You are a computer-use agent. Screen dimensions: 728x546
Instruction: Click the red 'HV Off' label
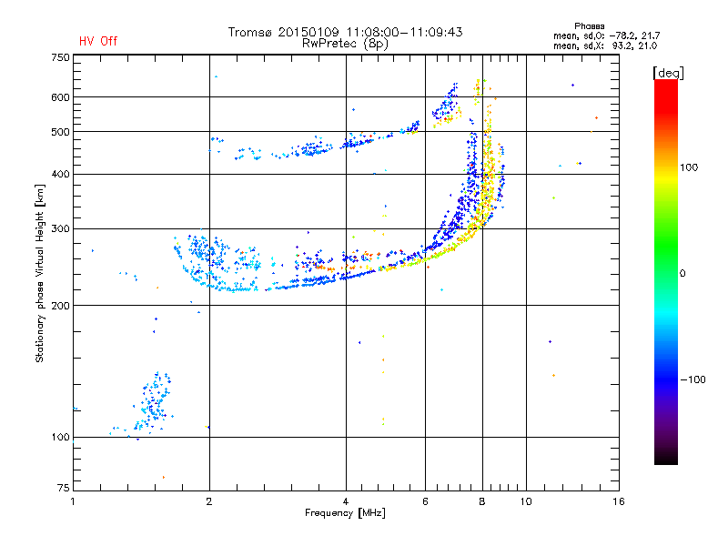98,41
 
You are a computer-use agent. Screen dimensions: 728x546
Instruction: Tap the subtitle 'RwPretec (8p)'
345,44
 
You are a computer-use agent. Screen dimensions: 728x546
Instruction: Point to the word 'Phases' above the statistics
589,26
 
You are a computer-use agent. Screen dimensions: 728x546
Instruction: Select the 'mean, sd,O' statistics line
606,35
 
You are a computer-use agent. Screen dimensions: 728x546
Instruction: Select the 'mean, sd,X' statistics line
605,46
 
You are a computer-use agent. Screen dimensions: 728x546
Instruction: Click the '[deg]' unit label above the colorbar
668,73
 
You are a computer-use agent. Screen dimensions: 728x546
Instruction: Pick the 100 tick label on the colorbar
689,167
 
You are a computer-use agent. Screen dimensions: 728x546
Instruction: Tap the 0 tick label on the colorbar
682,274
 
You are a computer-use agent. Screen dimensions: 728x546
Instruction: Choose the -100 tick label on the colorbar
693,379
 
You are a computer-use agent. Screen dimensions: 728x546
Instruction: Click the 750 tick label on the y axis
60,57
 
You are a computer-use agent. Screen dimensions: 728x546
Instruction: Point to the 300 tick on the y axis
60,229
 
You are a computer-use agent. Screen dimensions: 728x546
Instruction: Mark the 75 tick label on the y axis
64,488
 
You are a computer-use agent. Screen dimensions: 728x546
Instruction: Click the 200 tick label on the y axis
60,306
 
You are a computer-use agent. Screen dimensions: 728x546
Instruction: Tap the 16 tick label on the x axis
619,501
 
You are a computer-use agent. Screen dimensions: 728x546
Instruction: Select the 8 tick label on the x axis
482,501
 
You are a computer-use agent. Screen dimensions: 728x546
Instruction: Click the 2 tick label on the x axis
209,501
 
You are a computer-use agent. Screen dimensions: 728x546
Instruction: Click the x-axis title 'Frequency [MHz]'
346,513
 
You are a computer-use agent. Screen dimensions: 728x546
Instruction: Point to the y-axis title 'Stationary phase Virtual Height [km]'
40,273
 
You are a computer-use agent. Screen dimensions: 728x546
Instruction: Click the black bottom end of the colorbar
666,460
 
